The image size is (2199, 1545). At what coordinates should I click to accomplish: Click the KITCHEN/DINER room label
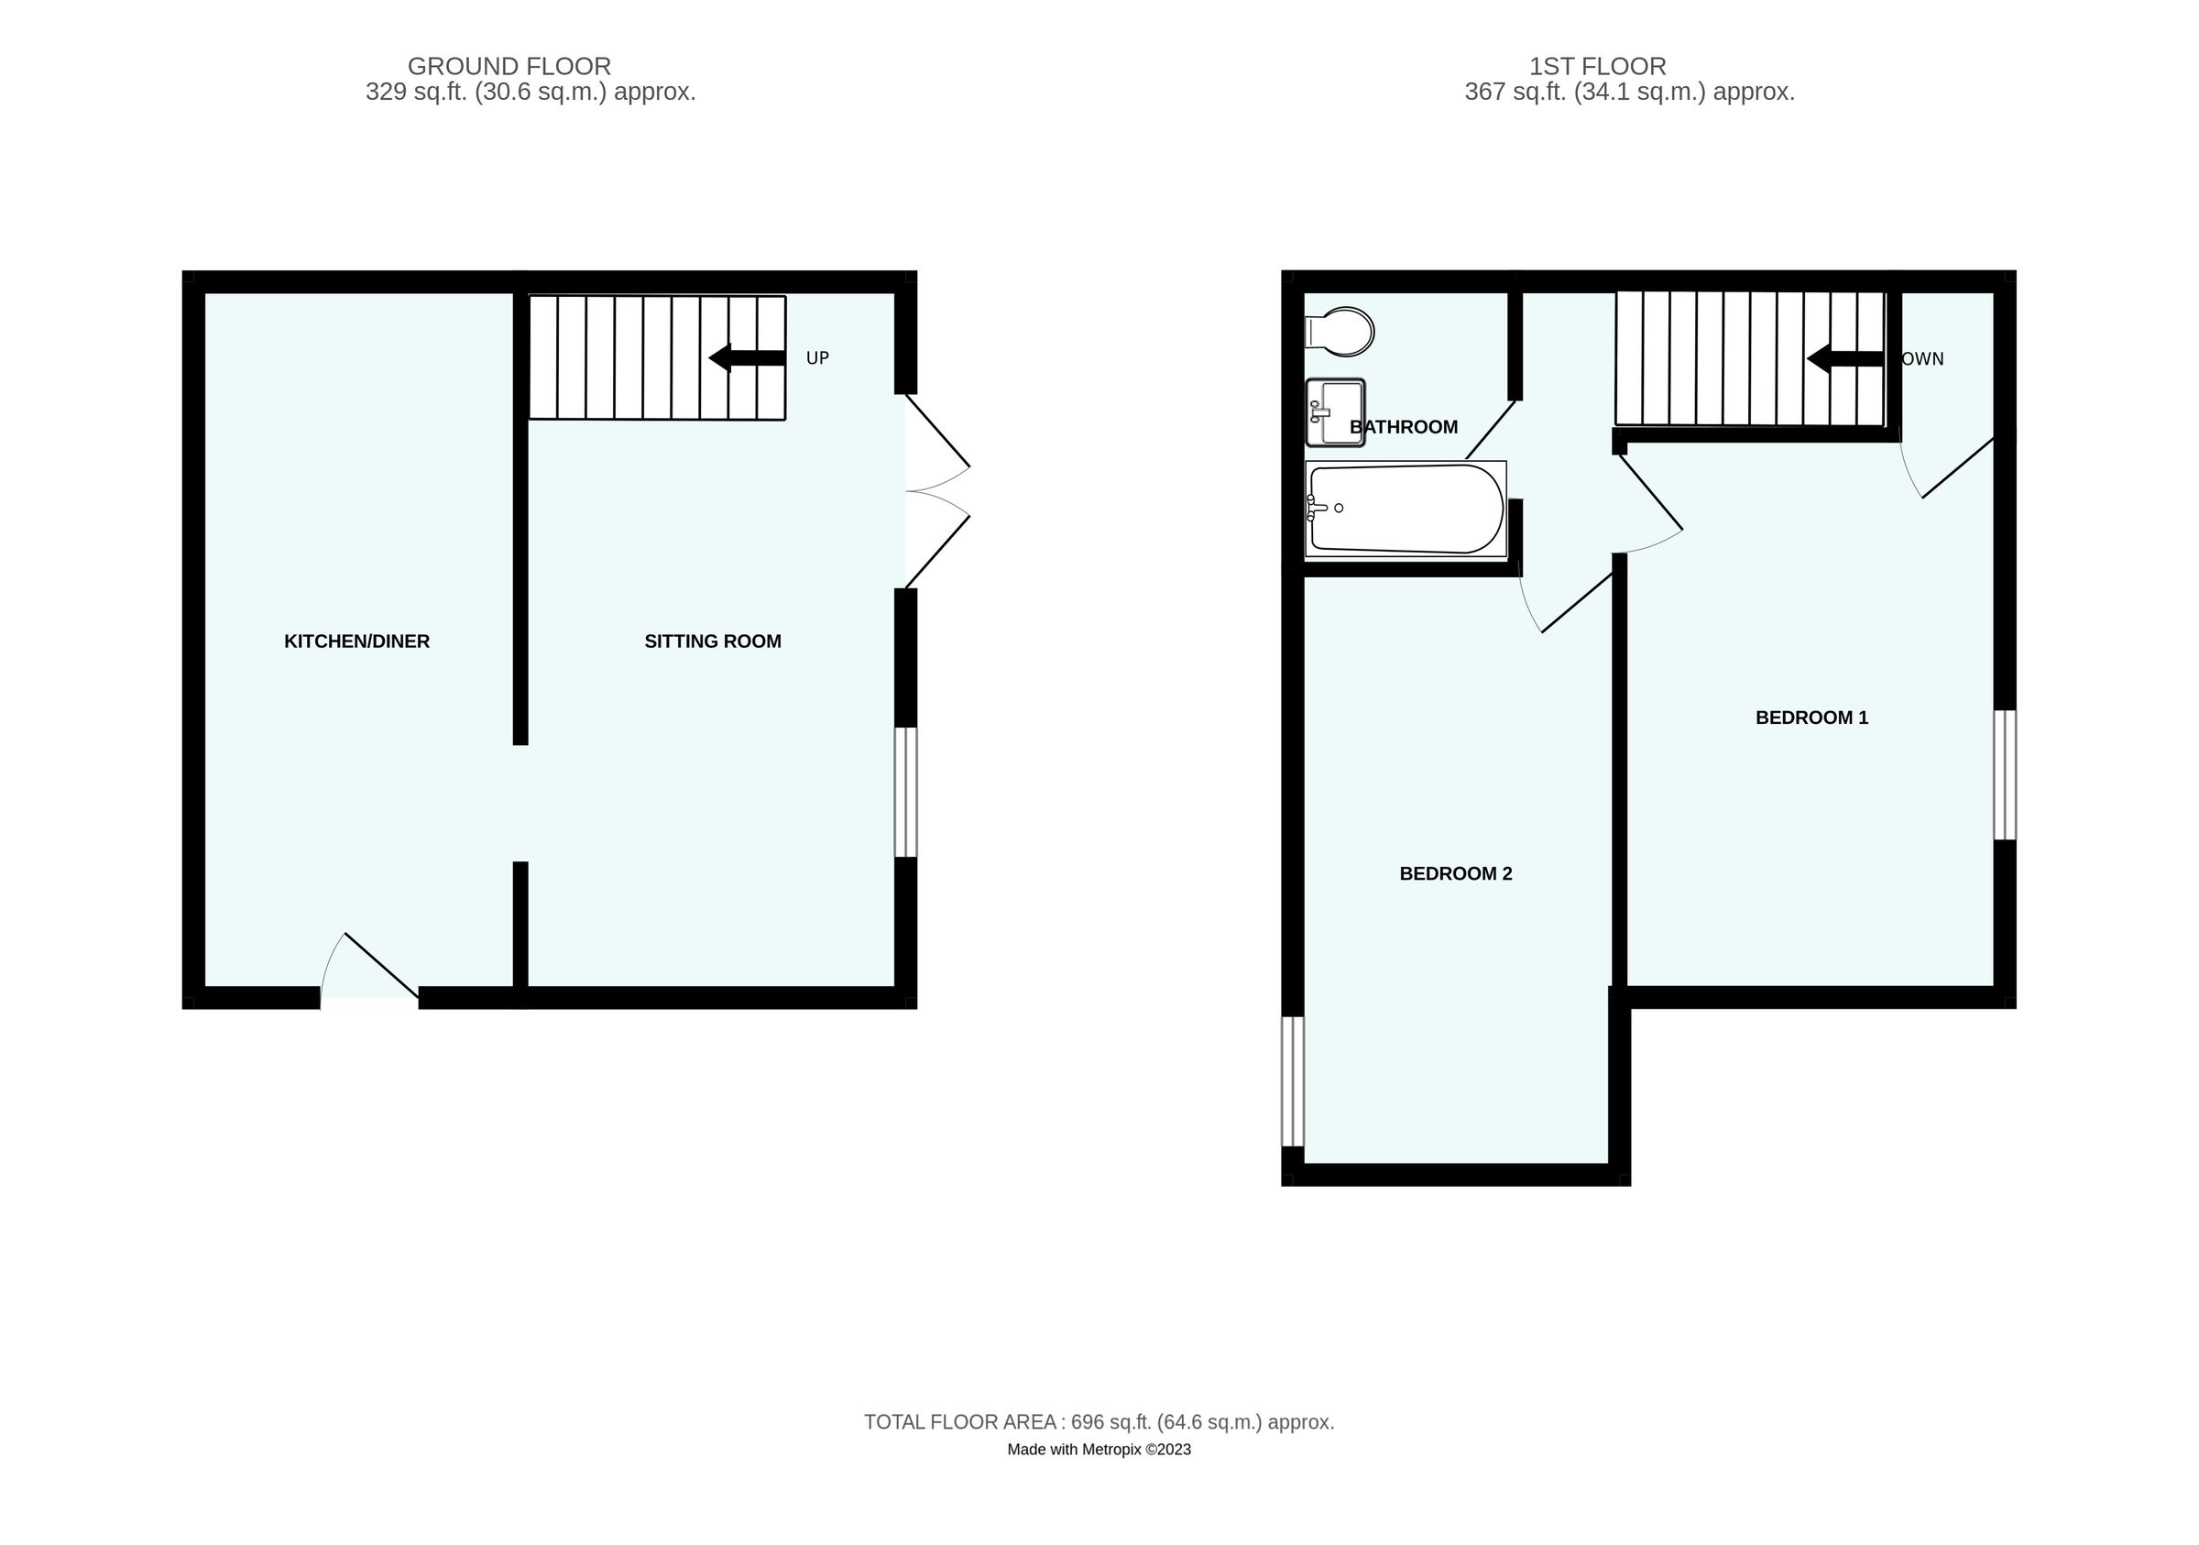click(x=356, y=641)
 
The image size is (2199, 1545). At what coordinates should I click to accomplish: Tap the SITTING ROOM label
click(x=713, y=641)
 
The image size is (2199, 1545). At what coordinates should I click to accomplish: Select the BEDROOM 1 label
click(x=1811, y=718)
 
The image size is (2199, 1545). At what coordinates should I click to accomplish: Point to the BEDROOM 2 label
click(x=1455, y=873)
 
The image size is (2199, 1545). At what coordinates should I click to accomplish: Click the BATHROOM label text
click(x=1404, y=427)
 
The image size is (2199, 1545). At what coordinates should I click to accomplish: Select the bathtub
click(x=1405, y=510)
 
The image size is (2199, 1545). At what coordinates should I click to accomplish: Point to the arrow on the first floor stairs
click(x=1844, y=358)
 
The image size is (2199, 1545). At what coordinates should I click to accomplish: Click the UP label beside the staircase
click(x=817, y=358)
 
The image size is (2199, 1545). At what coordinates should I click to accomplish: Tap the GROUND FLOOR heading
click(x=509, y=66)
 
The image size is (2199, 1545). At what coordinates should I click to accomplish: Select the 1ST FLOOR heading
click(x=1597, y=66)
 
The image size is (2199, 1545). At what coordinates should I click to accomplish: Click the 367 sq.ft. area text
click(x=1628, y=92)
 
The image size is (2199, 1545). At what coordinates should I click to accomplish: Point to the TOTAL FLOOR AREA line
click(x=1099, y=1422)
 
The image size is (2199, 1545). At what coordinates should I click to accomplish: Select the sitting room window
click(x=906, y=792)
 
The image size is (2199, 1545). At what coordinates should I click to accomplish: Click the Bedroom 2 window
click(x=1293, y=1081)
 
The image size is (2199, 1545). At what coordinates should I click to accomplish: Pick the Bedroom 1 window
click(x=2005, y=775)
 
